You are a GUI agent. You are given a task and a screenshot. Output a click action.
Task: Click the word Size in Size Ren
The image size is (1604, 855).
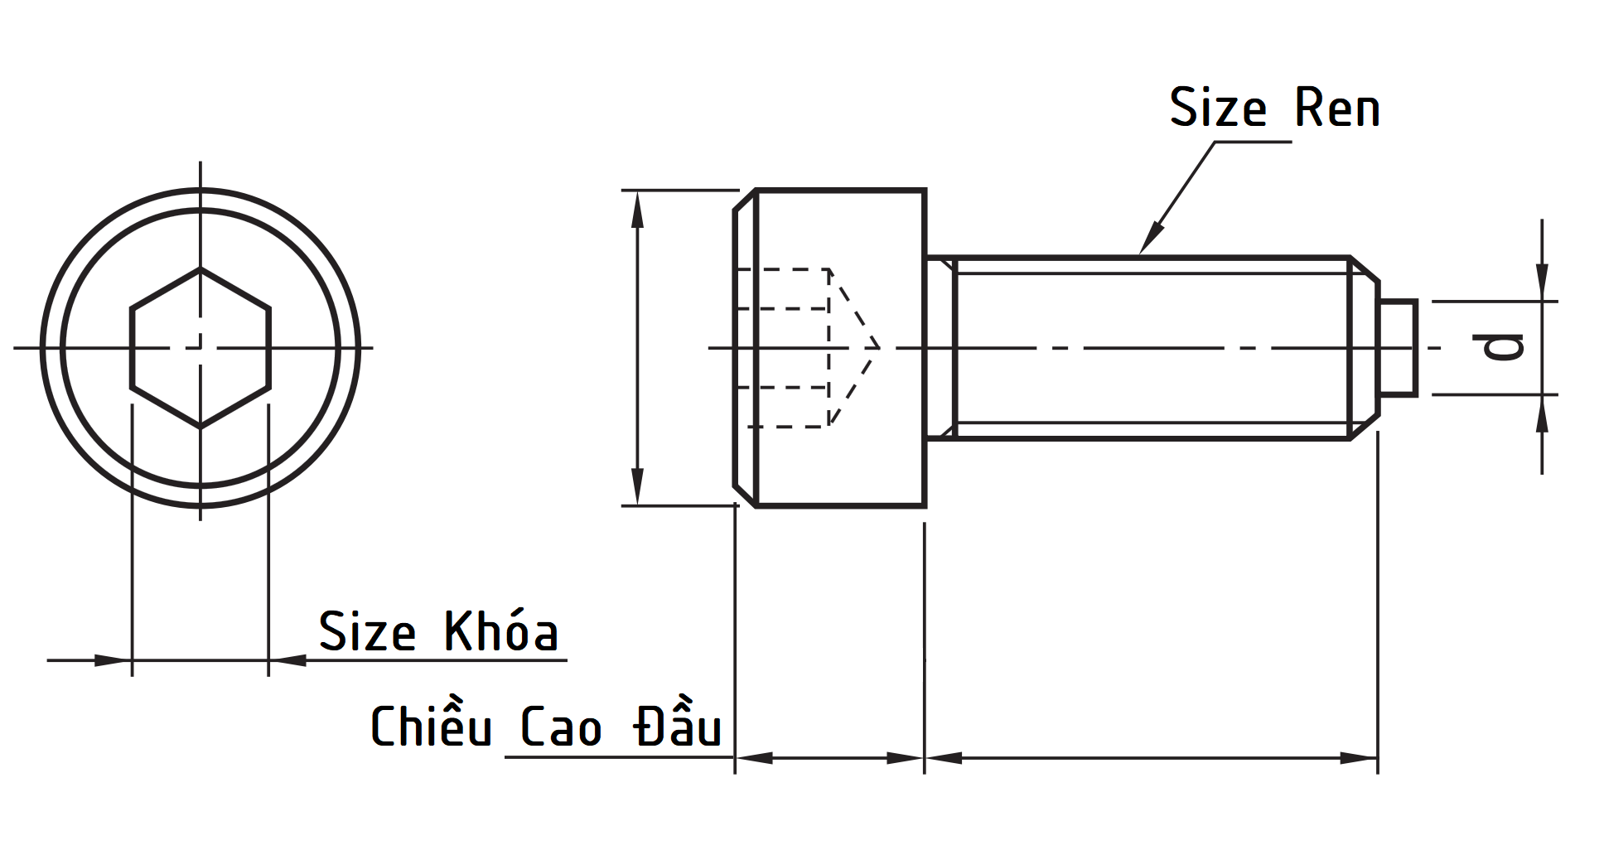1217,109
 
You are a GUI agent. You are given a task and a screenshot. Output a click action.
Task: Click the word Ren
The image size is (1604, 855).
1336,109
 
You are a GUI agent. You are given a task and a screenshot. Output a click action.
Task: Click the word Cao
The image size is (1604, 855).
560,727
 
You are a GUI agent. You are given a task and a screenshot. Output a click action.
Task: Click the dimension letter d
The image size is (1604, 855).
1503,347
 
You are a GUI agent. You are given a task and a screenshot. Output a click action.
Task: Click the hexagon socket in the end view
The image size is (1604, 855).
200,348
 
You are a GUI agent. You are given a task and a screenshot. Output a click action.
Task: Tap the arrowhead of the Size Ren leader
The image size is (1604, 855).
1148,240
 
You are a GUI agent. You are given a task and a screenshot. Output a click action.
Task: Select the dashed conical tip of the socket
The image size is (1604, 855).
853,348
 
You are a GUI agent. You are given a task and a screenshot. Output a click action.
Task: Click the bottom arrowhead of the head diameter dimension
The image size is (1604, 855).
637,485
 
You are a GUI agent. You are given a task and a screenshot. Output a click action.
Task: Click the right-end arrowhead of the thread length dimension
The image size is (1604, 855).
1359,757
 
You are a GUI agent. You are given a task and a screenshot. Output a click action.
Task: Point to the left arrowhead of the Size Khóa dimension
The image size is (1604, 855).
112,660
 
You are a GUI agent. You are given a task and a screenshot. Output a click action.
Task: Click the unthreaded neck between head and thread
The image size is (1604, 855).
940,348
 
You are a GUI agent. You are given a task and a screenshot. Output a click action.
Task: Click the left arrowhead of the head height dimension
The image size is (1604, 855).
754,757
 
